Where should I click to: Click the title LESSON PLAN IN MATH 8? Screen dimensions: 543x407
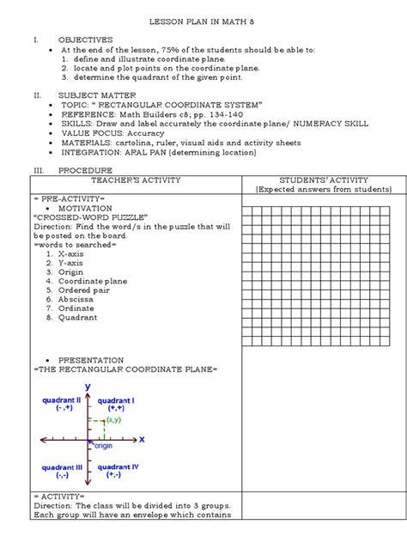tap(203, 18)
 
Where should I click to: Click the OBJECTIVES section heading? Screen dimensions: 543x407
tap(85, 40)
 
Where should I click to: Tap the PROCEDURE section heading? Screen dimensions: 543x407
tap(82, 172)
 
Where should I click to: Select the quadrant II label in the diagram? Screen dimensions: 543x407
tap(60, 400)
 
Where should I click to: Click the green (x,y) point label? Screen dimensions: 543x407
tap(113, 420)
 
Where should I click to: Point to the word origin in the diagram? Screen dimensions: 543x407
tap(104, 446)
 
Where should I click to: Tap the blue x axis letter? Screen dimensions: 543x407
tap(142, 439)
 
